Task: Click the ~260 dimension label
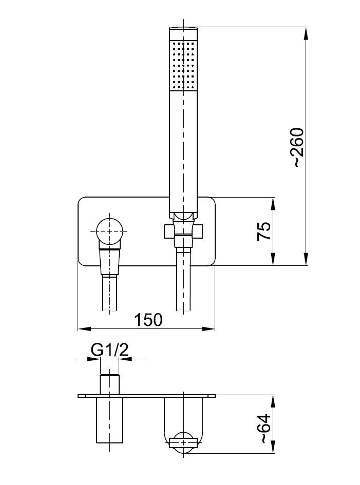(x=299, y=147)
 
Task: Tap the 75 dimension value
(x=264, y=231)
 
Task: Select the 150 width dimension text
(x=148, y=320)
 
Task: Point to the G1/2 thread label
(x=109, y=350)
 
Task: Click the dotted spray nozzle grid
(x=183, y=65)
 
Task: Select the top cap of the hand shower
(x=183, y=33)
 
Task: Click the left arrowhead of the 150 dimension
(x=84, y=328)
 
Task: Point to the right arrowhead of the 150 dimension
(x=209, y=328)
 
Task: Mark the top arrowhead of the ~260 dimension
(x=306, y=33)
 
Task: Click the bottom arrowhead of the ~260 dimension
(x=306, y=259)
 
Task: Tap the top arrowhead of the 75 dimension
(x=273, y=204)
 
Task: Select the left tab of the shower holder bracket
(x=169, y=231)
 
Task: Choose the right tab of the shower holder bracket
(x=198, y=231)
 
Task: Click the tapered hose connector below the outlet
(x=109, y=262)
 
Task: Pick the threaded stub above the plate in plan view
(x=109, y=384)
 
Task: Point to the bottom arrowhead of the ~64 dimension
(x=273, y=447)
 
